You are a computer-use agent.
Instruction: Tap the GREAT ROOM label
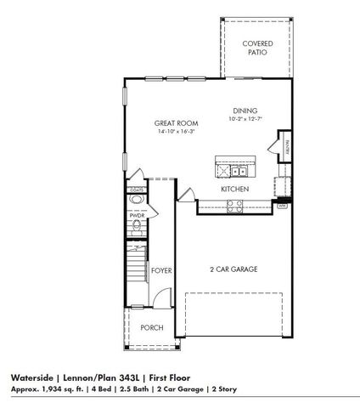point(153,122)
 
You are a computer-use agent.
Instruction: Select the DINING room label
point(246,110)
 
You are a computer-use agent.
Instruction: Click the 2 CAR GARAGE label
point(233,269)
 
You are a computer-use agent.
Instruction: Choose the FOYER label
point(162,270)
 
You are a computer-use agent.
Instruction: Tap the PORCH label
point(152,327)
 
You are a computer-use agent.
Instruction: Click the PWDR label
point(138,216)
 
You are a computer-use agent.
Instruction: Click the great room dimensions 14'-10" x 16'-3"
point(153,132)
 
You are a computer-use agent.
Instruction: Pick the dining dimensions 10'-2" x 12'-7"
point(246,120)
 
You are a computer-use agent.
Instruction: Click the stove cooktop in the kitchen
point(233,204)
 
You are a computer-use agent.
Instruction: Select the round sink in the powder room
point(138,202)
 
